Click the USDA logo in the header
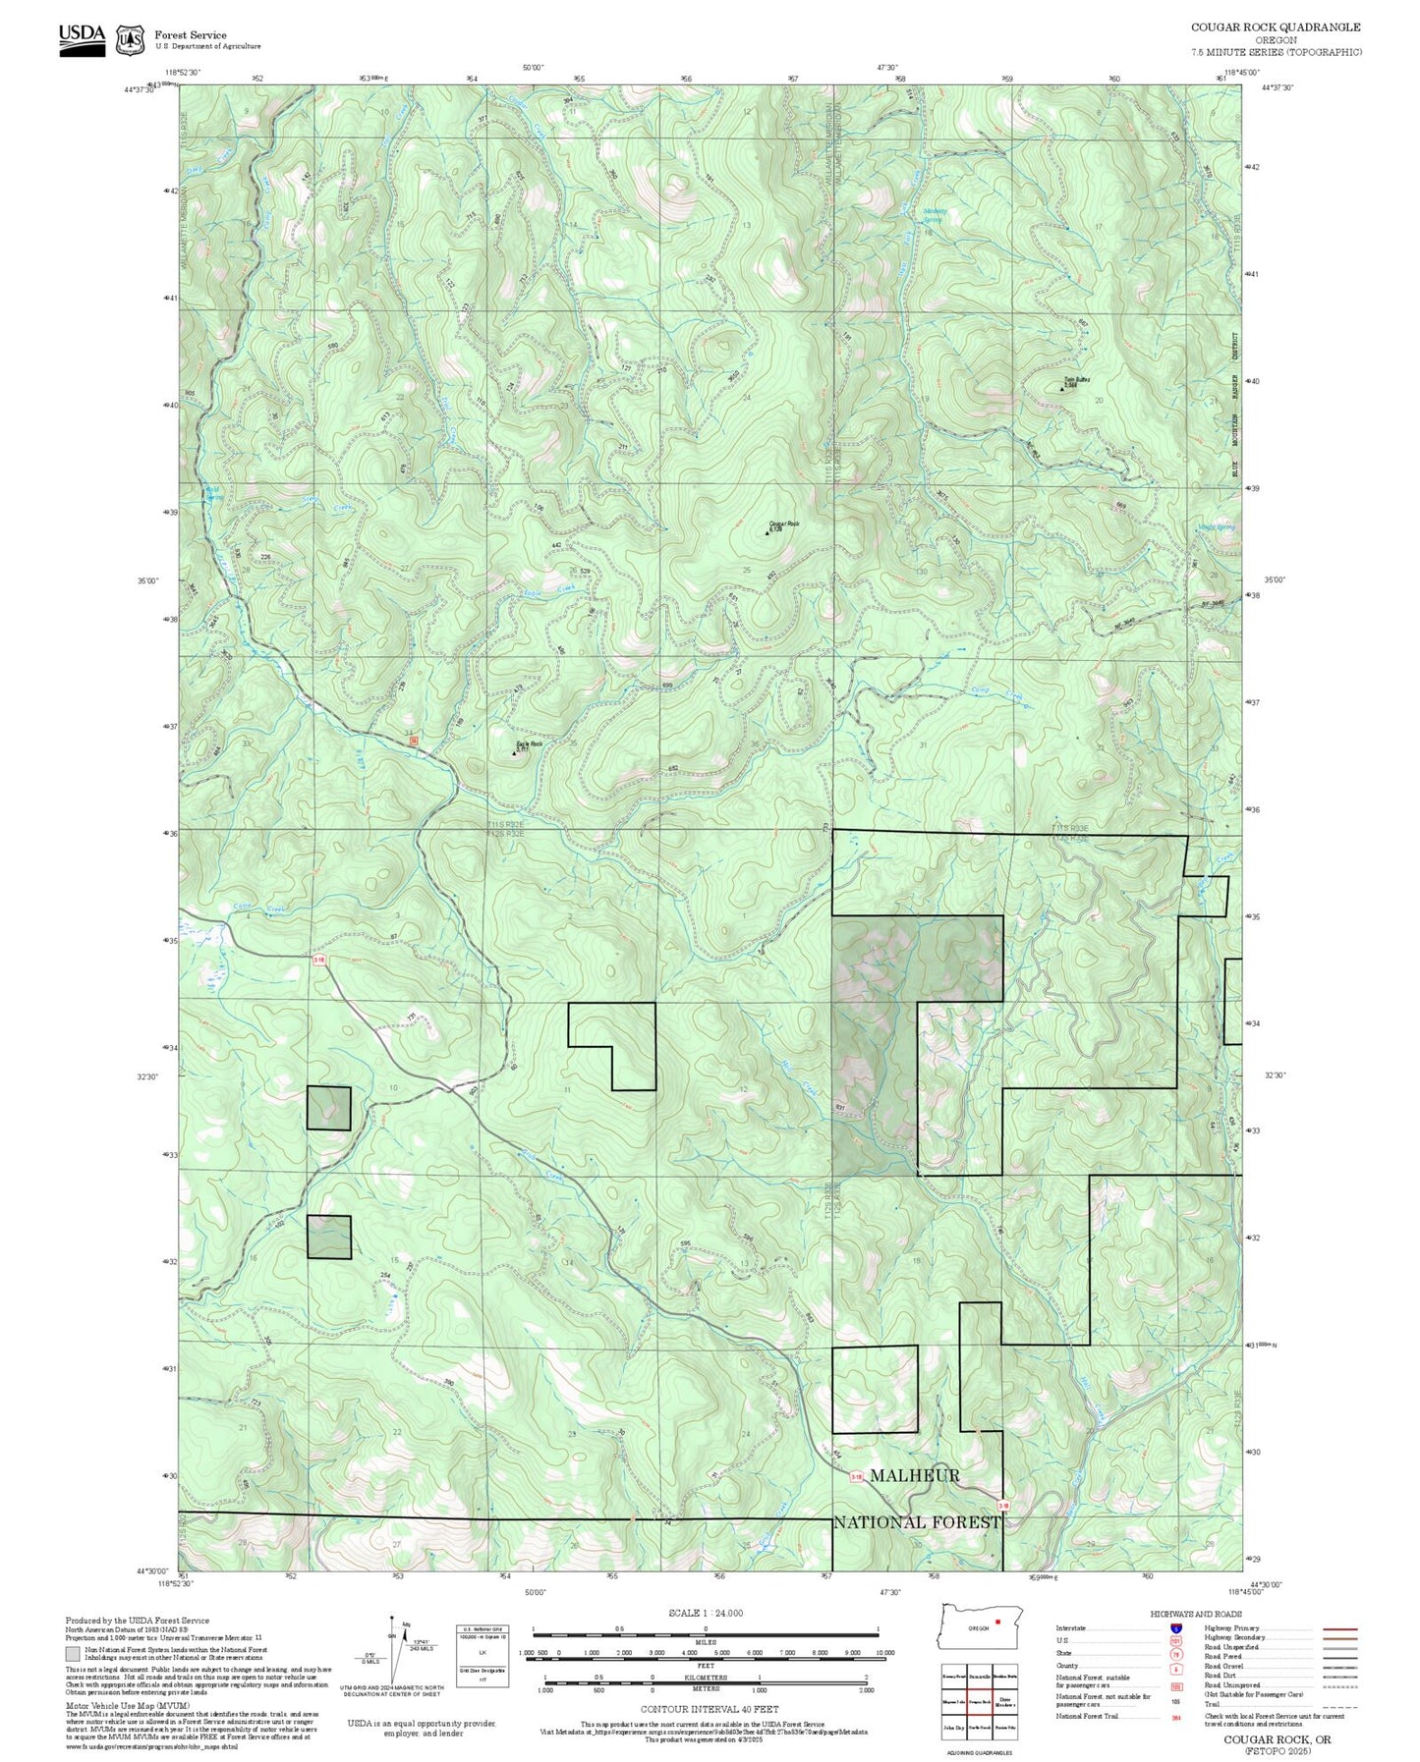tap(82, 38)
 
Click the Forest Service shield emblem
tap(130, 39)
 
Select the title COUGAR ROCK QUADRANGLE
tap(1276, 28)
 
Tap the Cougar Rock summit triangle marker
tap(767, 533)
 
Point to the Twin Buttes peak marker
tap(1062, 388)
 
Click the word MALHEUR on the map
tap(914, 1475)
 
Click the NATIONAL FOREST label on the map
tap(917, 1522)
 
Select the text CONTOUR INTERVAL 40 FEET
tap(709, 1709)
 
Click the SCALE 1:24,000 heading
tap(706, 1613)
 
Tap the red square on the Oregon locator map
tap(997, 1622)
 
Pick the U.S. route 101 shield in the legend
tap(1175, 1640)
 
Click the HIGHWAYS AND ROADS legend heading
tap(1196, 1614)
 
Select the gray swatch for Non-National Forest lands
tap(74, 1654)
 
